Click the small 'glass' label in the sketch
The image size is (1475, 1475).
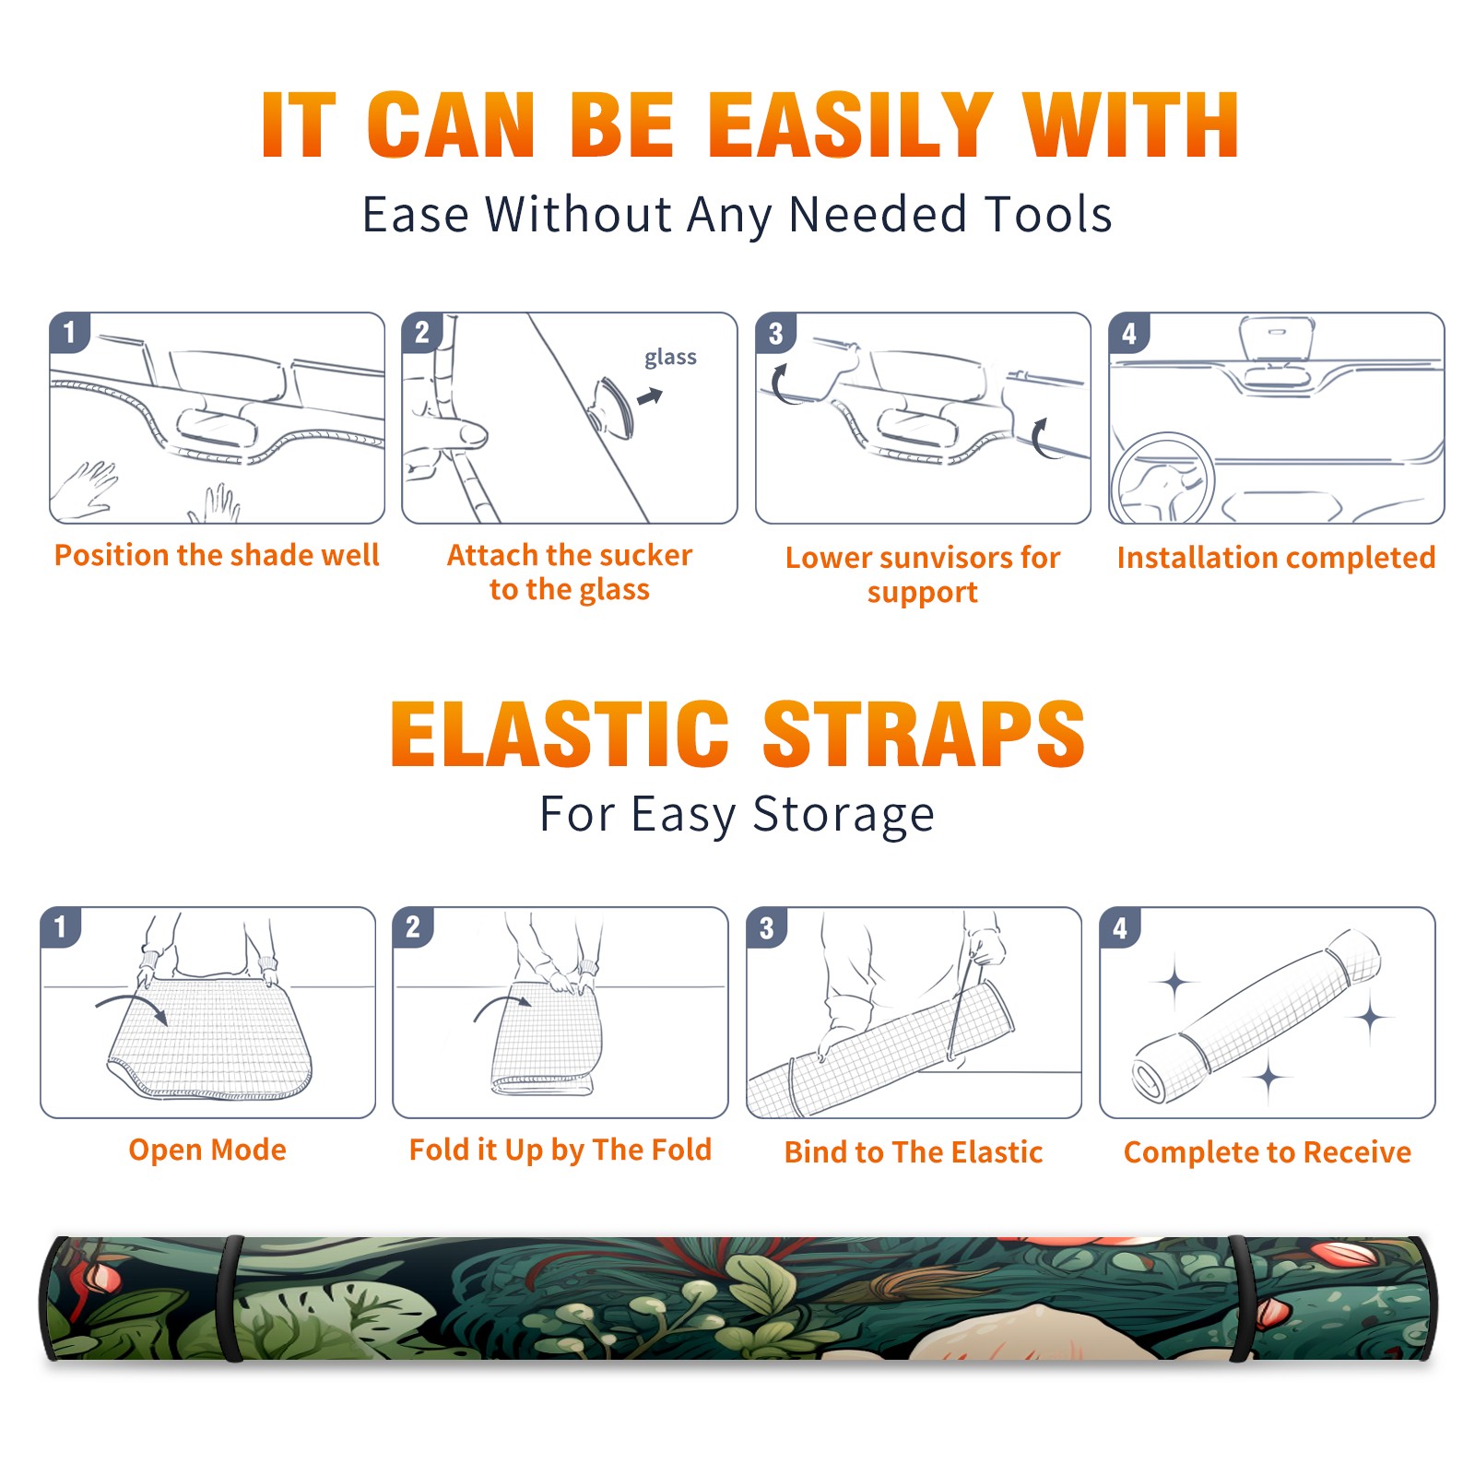point(670,357)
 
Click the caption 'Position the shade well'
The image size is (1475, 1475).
point(217,555)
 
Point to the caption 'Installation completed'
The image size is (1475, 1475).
point(1276,557)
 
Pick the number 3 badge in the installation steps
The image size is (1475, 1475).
point(776,333)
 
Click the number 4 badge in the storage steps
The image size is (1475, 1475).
point(1120,927)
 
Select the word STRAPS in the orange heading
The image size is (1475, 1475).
point(924,734)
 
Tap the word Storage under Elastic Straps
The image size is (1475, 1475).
point(844,815)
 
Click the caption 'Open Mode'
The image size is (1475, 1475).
point(207,1150)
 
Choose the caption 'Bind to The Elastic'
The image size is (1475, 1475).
point(914,1151)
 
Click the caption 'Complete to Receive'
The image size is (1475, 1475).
point(1268,1152)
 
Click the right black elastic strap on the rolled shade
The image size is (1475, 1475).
point(1240,1299)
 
